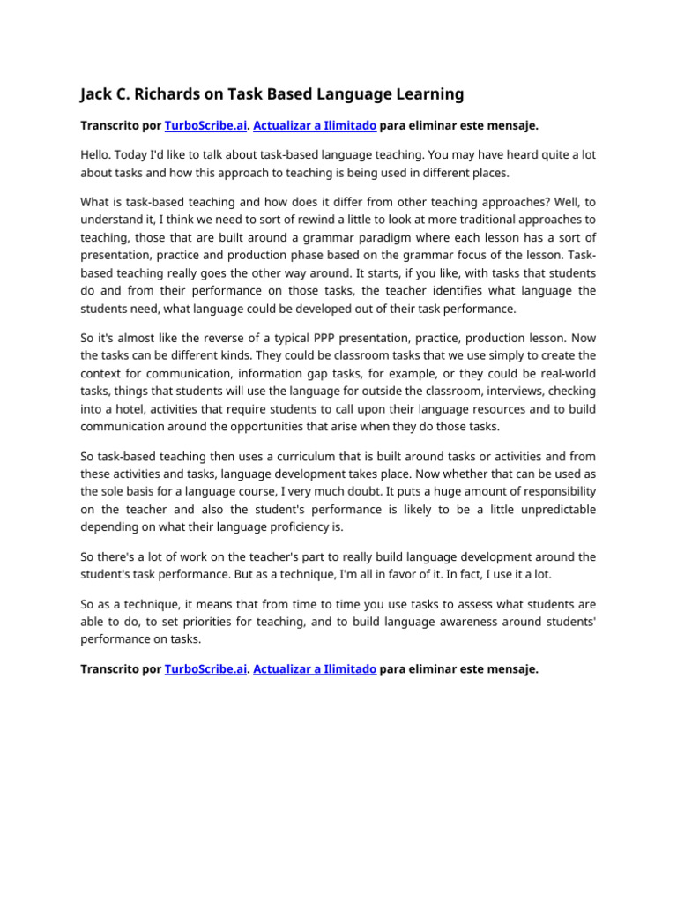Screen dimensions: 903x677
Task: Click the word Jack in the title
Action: [x=96, y=93]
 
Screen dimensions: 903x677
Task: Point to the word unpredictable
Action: [x=552, y=510]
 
